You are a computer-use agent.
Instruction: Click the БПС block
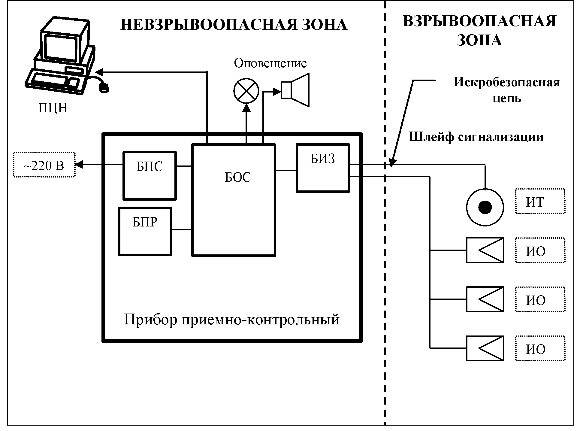(150, 175)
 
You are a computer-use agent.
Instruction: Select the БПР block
(145, 231)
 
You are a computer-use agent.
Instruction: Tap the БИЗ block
(323, 168)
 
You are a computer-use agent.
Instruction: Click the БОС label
(238, 178)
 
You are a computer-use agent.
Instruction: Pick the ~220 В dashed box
(44, 165)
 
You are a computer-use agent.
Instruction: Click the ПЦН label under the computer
(53, 108)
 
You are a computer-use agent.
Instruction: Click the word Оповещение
(270, 63)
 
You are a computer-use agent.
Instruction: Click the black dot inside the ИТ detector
(485, 207)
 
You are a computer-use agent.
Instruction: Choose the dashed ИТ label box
(540, 202)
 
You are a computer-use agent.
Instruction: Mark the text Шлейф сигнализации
(476, 137)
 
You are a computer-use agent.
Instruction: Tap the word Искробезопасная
(506, 82)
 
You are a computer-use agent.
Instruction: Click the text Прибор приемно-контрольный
(232, 320)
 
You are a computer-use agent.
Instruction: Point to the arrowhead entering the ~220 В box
(79, 165)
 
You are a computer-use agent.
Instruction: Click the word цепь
(507, 99)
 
